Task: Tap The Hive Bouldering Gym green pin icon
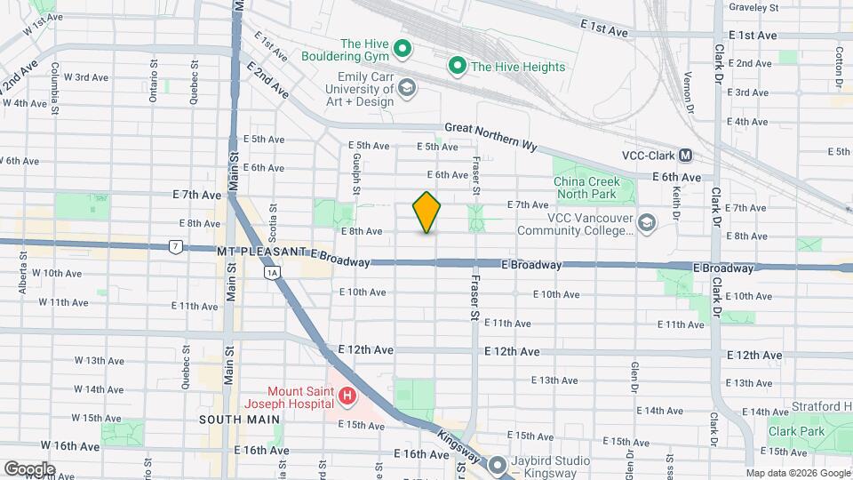click(x=402, y=50)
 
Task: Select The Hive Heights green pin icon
click(x=458, y=65)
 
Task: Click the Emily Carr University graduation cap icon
click(x=407, y=87)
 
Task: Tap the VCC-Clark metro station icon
click(x=685, y=155)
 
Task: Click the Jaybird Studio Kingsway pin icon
click(x=497, y=464)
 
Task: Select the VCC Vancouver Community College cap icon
click(x=649, y=221)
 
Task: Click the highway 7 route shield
click(x=175, y=246)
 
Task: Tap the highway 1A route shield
click(x=272, y=274)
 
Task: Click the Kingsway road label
click(x=458, y=445)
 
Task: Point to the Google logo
click(x=29, y=468)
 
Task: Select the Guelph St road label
click(x=355, y=174)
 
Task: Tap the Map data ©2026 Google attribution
click(x=796, y=473)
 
